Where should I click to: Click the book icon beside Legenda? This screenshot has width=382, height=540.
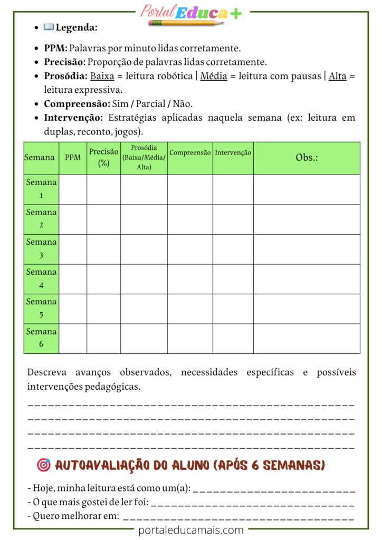tap(49, 27)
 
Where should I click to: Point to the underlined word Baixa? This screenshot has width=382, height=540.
tap(102, 76)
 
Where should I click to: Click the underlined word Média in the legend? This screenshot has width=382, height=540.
tap(214, 76)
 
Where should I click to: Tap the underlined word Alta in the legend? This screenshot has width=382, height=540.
tap(338, 76)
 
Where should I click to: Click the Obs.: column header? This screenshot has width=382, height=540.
tap(307, 158)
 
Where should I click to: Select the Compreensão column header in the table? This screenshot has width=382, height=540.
tap(190, 153)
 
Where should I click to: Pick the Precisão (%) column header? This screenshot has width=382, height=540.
tap(103, 158)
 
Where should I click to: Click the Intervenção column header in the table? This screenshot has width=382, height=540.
tap(233, 153)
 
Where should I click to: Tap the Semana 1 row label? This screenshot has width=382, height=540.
tap(41, 189)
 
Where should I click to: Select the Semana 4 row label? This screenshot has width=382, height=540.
tap(41, 278)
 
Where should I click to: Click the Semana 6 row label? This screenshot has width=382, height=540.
tap(41, 338)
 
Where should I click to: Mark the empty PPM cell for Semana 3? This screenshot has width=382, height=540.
tap(73, 249)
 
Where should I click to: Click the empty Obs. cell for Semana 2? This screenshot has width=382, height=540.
tap(307, 219)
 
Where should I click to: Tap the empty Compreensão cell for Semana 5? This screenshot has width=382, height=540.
tap(190, 308)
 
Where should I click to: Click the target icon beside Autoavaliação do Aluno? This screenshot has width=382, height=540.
tap(44, 465)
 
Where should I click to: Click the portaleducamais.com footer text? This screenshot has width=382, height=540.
tap(191, 530)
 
